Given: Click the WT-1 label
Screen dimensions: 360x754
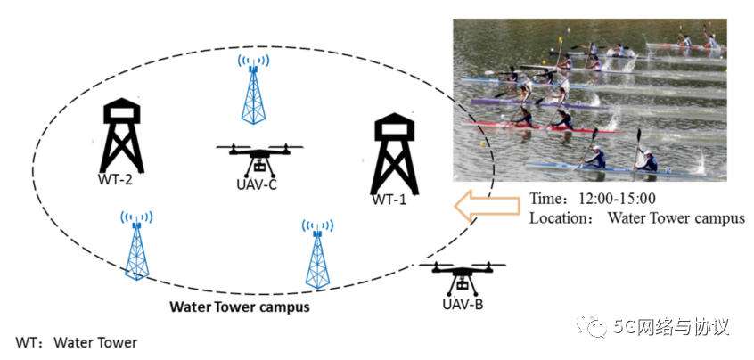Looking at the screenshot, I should tap(389, 200).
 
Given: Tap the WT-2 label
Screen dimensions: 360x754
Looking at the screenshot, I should tap(115, 179).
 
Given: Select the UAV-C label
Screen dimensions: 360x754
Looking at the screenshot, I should tap(259, 188).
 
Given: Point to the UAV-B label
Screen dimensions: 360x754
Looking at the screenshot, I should tap(462, 306).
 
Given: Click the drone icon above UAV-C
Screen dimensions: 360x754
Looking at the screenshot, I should tap(260, 159).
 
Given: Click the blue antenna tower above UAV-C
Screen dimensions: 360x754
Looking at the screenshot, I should tap(254, 89).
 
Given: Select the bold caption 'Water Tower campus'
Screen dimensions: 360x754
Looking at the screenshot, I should tap(240, 308).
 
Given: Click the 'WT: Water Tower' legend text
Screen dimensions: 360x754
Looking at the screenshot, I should tap(77, 342).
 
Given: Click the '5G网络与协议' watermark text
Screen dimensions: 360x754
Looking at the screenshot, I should tap(672, 327).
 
